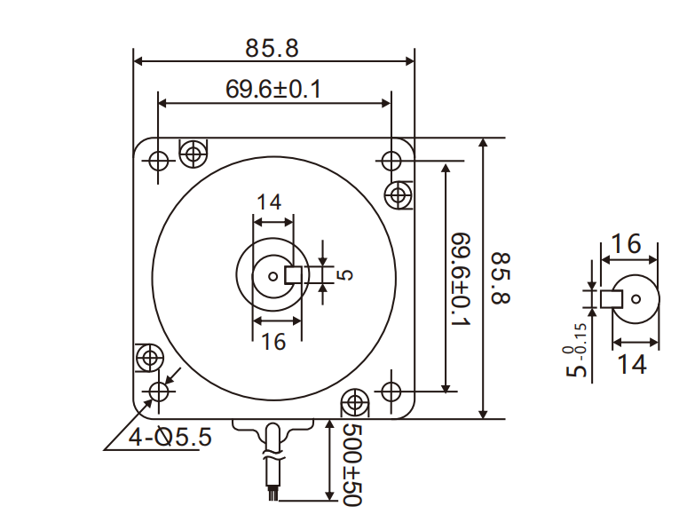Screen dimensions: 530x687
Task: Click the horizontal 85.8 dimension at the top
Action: (272, 48)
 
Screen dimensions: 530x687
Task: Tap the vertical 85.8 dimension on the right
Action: (501, 278)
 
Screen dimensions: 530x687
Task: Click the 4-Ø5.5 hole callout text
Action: (170, 436)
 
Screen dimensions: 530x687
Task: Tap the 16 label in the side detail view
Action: (627, 243)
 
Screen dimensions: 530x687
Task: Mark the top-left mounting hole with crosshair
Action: (159, 161)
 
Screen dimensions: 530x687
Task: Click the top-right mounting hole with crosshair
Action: (391, 161)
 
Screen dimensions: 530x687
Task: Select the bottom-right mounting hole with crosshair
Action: (391, 391)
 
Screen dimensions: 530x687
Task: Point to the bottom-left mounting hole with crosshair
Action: (159, 392)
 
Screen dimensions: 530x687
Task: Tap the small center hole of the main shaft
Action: (272, 275)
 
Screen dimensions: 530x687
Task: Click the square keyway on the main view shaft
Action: (294, 275)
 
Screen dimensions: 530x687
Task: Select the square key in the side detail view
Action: (610, 298)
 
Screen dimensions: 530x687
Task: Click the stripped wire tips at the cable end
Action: (273, 492)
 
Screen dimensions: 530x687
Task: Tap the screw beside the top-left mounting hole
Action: (193, 154)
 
